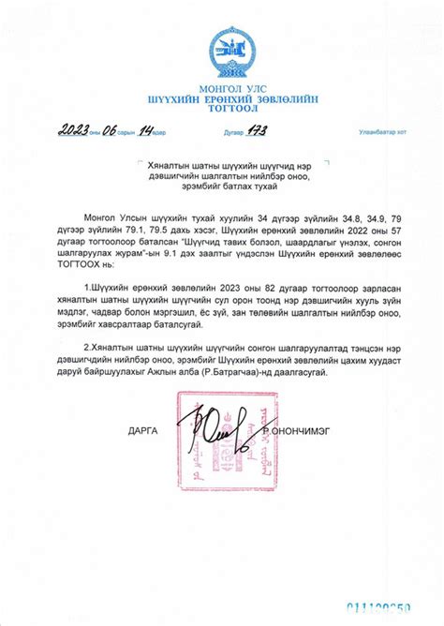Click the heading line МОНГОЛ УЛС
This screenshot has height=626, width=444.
point(222,91)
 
